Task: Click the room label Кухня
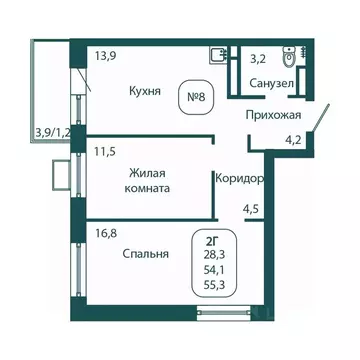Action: (x=145, y=89)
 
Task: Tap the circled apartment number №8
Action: (x=198, y=98)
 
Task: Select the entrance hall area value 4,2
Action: (x=293, y=141)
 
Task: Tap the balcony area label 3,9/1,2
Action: (x=53, y=131)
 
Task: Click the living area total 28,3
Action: (x=214, y=255)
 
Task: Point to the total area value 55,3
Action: (x=214, y=285)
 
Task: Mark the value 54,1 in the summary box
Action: (x=214, y=270)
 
